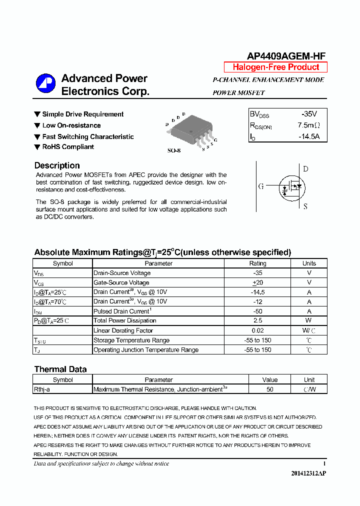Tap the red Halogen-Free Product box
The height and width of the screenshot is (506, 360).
pyautogui.click(x=275, y=67)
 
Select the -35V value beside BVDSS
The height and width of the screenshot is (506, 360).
pyautogui.click(x=309, y=114)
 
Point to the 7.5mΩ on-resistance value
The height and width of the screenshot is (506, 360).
pyautogui.click(x=308, y=125)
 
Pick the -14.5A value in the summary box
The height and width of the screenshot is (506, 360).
pyautogui.click(x=308, y=136)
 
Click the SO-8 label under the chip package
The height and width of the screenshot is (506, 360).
pyautogui.click(x=174, y=150)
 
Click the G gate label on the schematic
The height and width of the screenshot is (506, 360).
pyautogui.click(x=261, y=186)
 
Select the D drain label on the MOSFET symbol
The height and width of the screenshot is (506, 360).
pyautogui.click(x=305, y=169)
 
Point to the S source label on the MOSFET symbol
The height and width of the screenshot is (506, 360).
pyautogui.click(x=305, y=206)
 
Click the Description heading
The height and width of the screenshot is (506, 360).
pyautogui.click(x=57, y=165)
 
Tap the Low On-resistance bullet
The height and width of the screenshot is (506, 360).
pyautogui.click(x=71, y=125)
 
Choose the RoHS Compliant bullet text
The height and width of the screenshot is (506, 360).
pyautogui.click(x=68, y=147)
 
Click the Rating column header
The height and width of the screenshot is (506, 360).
pyautogui.click(x=258, y=263)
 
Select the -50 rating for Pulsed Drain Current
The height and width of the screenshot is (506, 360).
pyautogui.click(x=258, y=311)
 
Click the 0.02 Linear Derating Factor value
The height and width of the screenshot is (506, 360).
pyautogui.click(x=258, y=330)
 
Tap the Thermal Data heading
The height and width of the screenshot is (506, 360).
pyautogui.click(x=60, y=369)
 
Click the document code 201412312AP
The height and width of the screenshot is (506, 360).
pyautogui.click(x=308, y=473)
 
